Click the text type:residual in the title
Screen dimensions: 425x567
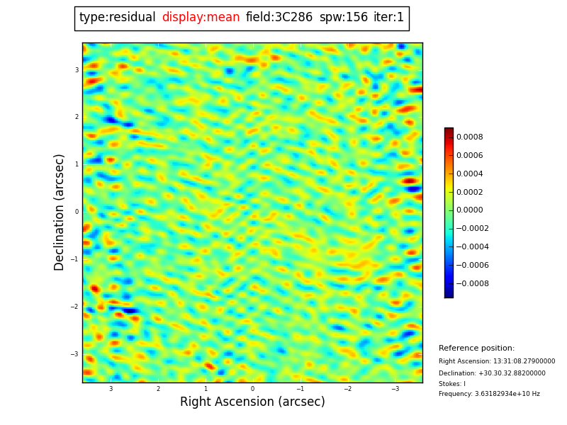pos(117,18)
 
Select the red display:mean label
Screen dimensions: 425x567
pos(201,18)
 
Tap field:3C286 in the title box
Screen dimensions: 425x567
pos(279,18)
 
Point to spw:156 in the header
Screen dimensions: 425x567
pos(344,18)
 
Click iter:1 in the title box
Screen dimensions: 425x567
pos(389,18)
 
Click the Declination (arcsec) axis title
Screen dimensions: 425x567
pos(60,212)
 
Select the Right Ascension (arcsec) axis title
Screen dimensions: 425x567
pos(252,402)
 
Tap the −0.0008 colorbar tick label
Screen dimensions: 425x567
pos(471,284)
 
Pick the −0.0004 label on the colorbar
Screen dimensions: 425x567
pos(471,247)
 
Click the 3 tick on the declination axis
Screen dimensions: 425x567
pos(77,70)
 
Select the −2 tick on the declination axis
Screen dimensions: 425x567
pos(75,307)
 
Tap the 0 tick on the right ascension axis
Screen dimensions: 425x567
pos(252,389)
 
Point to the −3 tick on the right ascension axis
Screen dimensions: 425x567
pos(395,389)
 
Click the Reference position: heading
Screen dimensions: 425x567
pos(476,348)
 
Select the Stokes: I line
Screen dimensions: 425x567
pos(452,384)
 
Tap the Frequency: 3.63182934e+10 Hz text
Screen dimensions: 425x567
pos(489,394)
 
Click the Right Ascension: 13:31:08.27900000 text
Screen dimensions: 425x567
pos(497,361)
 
